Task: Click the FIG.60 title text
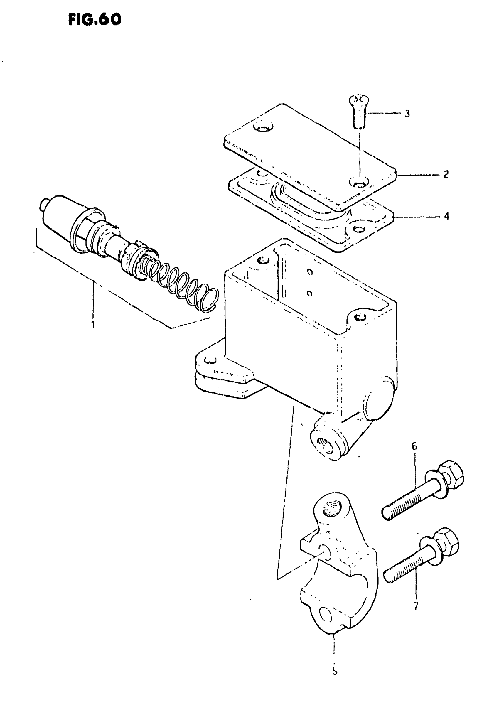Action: (95, 20)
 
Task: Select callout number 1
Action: (93, 324)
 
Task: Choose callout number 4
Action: (446, 216)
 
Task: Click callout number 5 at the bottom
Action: (335, 671)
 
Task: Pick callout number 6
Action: (414, 446)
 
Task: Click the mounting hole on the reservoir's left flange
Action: (210, 360)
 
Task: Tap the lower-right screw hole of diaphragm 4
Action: (358, 229)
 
